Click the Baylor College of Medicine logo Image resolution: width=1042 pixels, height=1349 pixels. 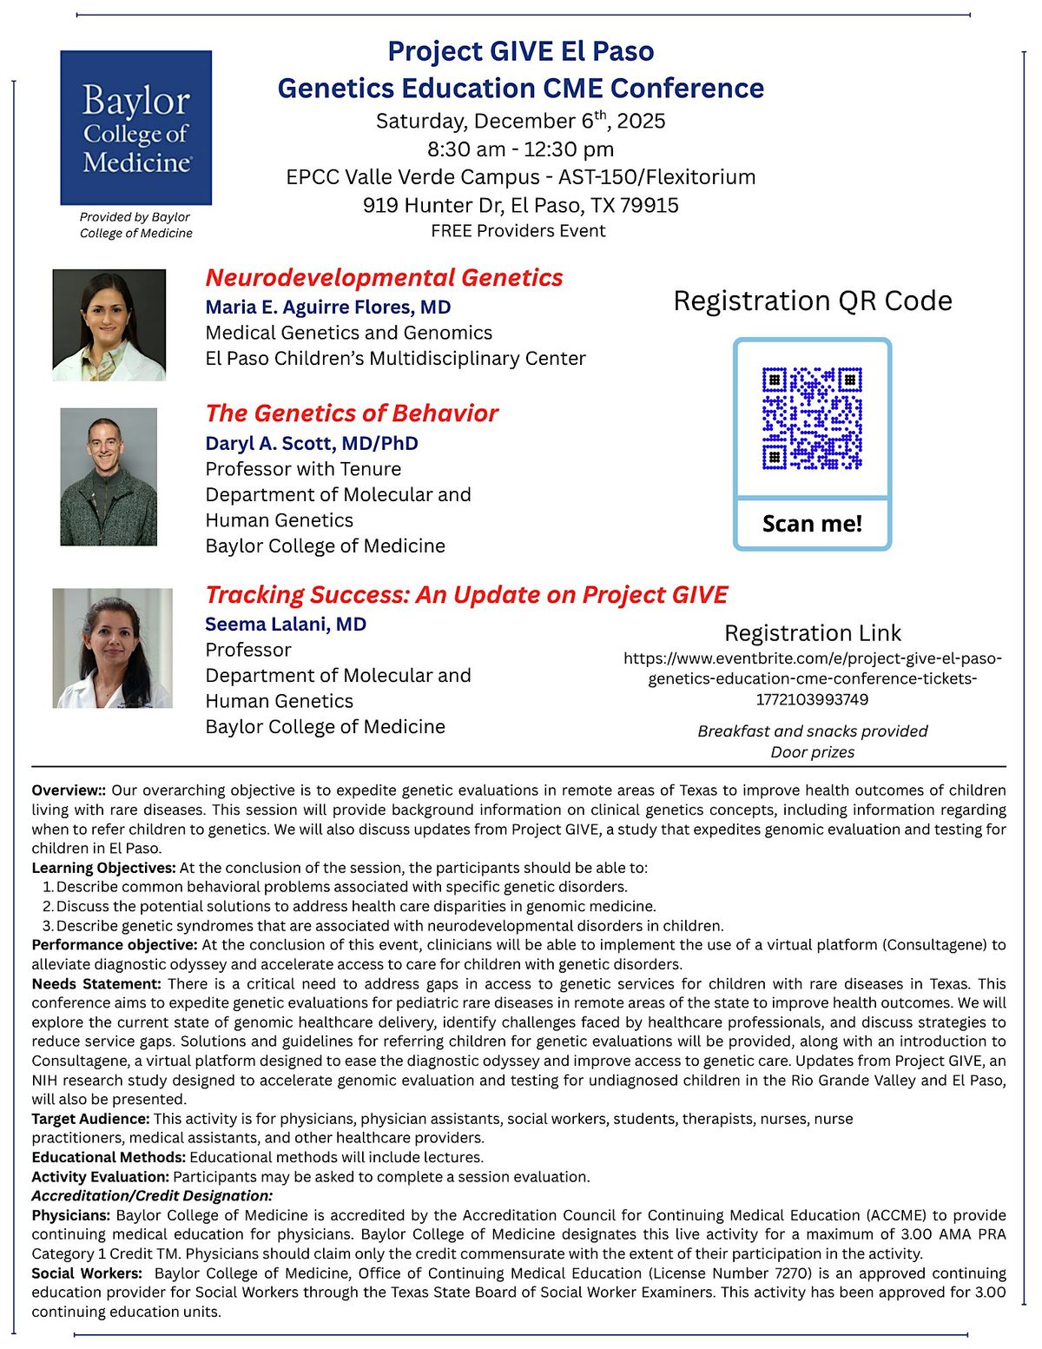click(x=136, y=128)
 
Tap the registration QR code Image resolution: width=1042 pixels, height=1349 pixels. click(x=812, y=419)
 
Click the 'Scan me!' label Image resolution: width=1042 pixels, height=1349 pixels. click(x=812, y=524)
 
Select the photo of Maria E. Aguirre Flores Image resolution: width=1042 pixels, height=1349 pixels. click(x=109, y=325)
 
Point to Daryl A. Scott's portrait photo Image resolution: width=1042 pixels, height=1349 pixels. click(x=109, y=477)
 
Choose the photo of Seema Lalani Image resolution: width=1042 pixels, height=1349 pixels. click(x=113, y=648)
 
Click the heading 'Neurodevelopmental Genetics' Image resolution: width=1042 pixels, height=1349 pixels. click(x=384, y=278)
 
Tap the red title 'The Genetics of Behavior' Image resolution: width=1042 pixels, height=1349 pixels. click(x=352, y=413)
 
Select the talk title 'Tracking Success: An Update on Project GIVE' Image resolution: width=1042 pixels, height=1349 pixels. click(x=466, y=595)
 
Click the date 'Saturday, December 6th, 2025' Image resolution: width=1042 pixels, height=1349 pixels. click(x=520, y=121)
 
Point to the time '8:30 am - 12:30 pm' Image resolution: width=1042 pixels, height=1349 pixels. click(x=520, y=149)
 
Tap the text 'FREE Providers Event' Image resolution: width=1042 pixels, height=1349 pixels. click(x=518, y=231)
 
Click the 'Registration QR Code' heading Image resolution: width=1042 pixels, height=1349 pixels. click(x=813, y=301)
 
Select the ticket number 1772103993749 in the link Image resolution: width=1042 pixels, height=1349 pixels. click(x=812, y=699)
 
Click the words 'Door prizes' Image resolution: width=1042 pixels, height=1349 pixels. click(x=812, y=752)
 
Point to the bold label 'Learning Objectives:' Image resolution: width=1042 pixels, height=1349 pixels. click(x=103, y=868)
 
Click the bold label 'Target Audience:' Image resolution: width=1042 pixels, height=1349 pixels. click(x=90, y=1119)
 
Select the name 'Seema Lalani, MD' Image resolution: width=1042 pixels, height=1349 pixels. click(x=286, y=625)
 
